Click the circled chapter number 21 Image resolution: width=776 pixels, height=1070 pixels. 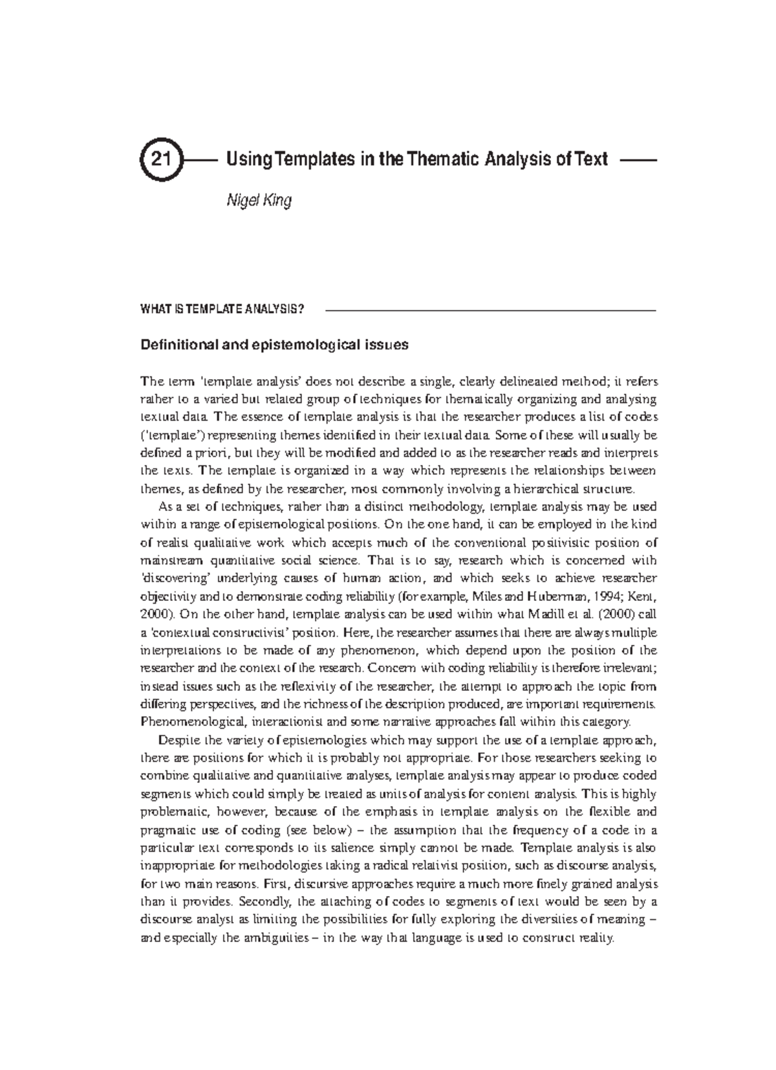point(159,159)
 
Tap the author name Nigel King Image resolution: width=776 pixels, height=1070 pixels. point(258,201)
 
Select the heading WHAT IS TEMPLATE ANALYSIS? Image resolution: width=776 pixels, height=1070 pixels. point(222,309)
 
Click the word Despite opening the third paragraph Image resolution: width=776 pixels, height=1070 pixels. point(178,740)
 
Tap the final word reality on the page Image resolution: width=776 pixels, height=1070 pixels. point(596,939)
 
